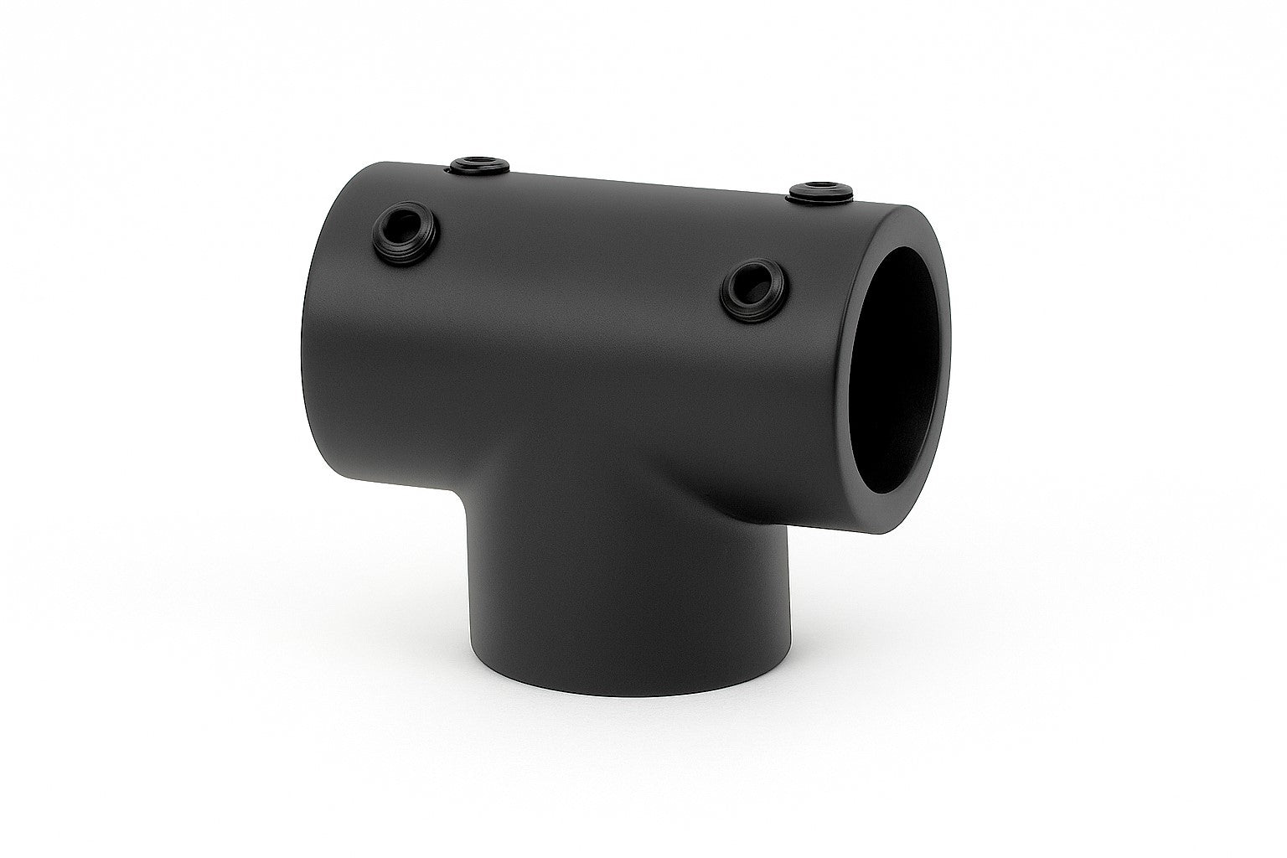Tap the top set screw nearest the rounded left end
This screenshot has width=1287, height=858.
point(478,165)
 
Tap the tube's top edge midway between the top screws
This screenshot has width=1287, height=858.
point(649,178)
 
